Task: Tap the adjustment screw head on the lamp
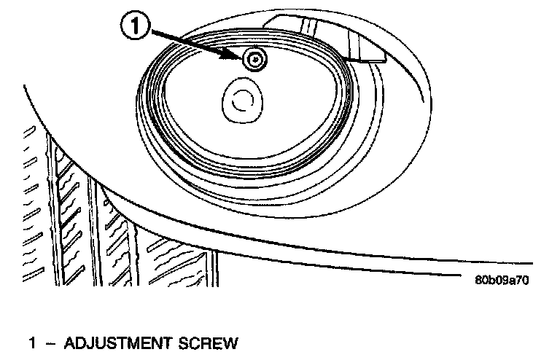click(253, 60)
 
